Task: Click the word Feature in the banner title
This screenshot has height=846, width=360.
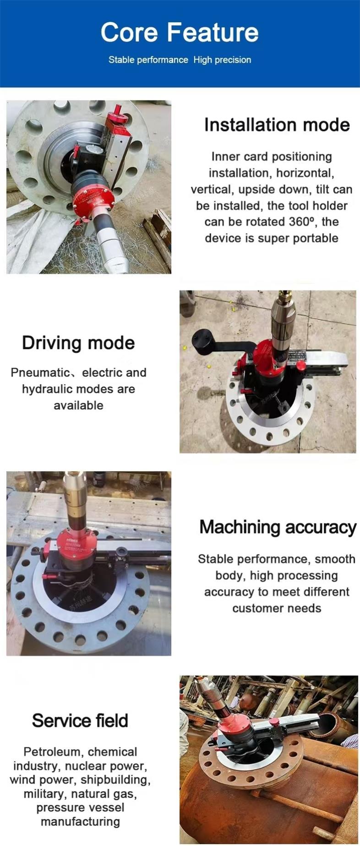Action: pos(213,33)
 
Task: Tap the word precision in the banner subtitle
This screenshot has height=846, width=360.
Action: pos(233,60)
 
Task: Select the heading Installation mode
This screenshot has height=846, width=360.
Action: pos(277,125)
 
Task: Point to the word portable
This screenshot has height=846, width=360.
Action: pos(316,239)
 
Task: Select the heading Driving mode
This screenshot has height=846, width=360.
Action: pos(78,343)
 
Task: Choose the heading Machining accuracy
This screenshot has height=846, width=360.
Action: pos(278,527)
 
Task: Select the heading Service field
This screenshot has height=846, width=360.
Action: pos(80,721)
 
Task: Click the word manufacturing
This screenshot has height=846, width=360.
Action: pos(80,822)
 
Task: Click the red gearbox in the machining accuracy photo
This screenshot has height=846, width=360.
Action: pos(76,543)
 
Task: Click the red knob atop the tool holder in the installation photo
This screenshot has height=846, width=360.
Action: pos(118,111)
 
